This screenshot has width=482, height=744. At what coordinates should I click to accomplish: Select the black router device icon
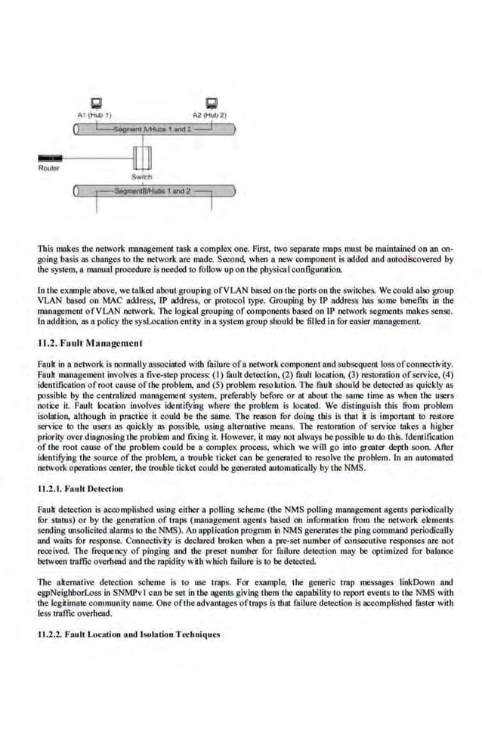51,159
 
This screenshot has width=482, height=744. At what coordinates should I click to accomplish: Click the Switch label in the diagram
142,176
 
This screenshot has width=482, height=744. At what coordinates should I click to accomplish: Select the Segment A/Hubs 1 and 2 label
150,129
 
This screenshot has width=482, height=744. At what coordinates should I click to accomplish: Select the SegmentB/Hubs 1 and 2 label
150,191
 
